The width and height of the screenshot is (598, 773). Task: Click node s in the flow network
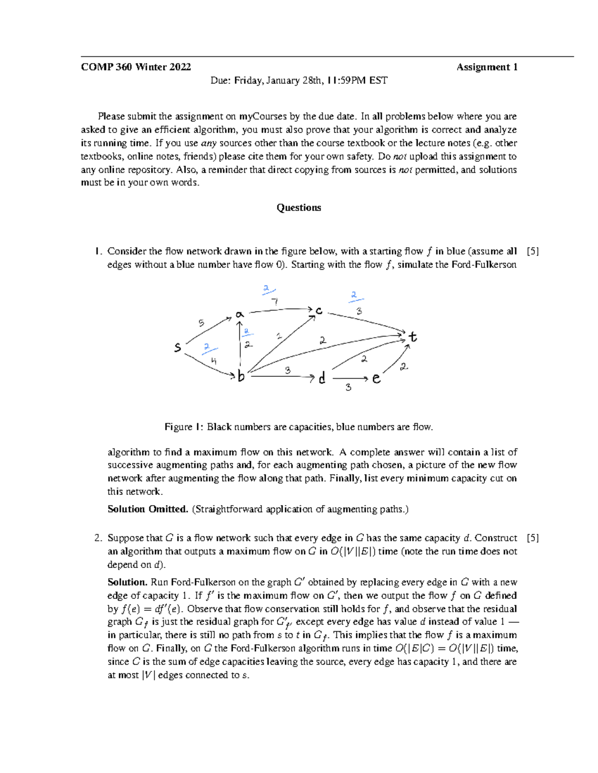point(177,347)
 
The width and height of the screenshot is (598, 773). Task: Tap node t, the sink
point(413,337)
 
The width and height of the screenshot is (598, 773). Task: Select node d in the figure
point(322,379)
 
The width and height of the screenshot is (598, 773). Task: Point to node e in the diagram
point(376,379)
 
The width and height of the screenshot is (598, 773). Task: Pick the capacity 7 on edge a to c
point(275,302)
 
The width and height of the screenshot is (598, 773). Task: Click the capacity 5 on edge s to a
point(201,323)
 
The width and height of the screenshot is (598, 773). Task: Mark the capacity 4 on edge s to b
point(213,361)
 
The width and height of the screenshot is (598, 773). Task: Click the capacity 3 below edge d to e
point(348,387)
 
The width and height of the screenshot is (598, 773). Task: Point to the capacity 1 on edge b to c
point(279,336)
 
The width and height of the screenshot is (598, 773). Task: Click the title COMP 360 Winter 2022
point(136,67)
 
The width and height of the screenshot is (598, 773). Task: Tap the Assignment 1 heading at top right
point(487,67)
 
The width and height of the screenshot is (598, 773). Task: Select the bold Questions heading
point(299,208)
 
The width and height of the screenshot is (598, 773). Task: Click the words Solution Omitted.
point(148,509)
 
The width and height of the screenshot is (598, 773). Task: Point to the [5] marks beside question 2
point(533,538)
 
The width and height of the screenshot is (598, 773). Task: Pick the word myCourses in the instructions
point(263,116)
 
